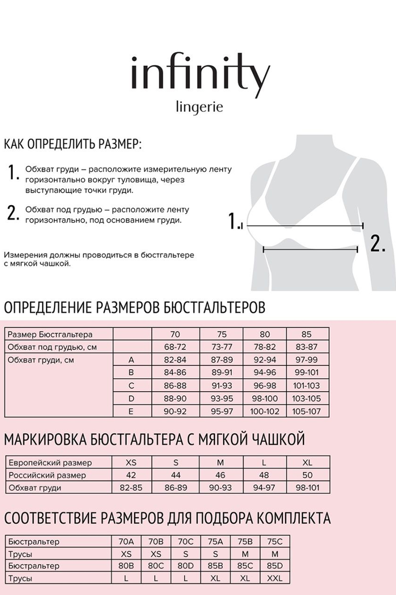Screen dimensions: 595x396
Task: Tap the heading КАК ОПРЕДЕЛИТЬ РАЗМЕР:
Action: [x=72, y=145]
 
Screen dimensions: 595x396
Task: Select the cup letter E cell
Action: [x=132, y=411]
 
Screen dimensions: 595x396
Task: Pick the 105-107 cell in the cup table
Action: [x=307, y=411]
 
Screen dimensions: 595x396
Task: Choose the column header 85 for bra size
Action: [x=307, y=334]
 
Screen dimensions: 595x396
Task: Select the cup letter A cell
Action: [x=132, y=360]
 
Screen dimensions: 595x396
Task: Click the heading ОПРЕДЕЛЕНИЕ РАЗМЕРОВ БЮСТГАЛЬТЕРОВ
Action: [x=135, y=307]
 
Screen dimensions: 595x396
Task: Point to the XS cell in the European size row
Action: [x=131, y=463]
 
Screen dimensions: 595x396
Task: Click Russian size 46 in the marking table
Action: [x=220, y=476]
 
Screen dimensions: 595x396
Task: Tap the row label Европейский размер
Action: [x=50, y=463]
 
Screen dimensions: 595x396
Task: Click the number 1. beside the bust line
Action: [x=236, y=221]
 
